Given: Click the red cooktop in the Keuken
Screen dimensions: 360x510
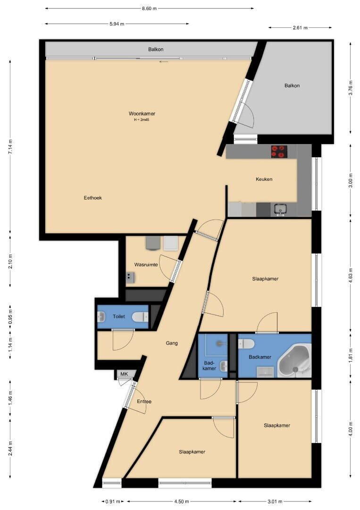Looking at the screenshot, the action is click(x=279, y=152).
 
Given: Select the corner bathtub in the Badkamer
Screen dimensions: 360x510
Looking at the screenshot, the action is click(x=294, y=362).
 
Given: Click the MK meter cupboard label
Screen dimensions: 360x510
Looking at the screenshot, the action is click(x=124, y=374).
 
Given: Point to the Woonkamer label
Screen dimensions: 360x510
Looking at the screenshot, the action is click(x=142, y=113).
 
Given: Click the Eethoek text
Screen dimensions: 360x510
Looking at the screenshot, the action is click(x=93, y=197).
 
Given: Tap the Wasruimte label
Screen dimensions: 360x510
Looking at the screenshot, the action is click(x=146, y=264).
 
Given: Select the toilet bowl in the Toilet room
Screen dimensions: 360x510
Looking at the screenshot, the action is click(x=140, y=317).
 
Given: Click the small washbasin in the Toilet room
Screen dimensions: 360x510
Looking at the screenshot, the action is click(x=101, y=316).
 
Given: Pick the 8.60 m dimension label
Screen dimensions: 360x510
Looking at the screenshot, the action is click(x=149, y=8).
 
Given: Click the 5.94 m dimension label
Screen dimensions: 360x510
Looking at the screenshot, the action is click(x=117, y=24).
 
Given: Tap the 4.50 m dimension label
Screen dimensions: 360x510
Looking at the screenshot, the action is click(x=182, y=501).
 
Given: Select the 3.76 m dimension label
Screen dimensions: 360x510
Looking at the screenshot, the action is click(x=351, y=87).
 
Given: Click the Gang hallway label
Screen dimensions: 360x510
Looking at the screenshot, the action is click(x=172, y=343).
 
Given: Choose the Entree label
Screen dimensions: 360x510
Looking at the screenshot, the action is click(x=144, y=401).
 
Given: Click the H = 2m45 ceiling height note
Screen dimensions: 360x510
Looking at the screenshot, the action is click(x=142, y=119).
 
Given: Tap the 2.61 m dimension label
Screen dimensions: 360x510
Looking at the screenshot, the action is click(x=300, y=28).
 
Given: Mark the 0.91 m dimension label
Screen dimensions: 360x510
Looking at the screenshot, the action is click(x=113, y=501).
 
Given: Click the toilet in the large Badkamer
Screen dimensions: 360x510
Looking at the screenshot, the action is click(x=246, y=343).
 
